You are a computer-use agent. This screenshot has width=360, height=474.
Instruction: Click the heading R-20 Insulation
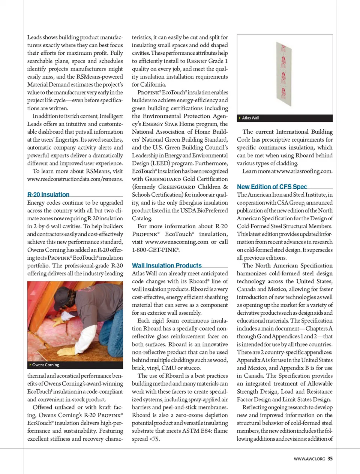pos(48,194)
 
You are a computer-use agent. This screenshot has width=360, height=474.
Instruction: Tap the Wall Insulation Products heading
pos(166,265)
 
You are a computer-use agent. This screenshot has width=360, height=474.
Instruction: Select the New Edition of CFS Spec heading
pos(271,187)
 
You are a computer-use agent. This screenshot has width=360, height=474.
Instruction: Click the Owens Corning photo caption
pos(46,365)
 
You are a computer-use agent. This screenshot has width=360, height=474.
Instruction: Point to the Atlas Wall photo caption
pos(250,118)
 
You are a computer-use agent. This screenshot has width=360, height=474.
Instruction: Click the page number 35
pos(330,459)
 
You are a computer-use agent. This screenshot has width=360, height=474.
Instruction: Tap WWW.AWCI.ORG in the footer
pos(309,459)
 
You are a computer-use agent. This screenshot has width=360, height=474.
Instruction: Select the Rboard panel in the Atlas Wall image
pos(284,75)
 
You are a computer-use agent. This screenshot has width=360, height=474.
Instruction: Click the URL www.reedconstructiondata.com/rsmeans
pos(75,179)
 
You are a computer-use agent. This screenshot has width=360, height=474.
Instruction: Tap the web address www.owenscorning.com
pos(177,242)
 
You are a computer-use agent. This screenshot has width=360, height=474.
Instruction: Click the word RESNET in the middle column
pos(197,61)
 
